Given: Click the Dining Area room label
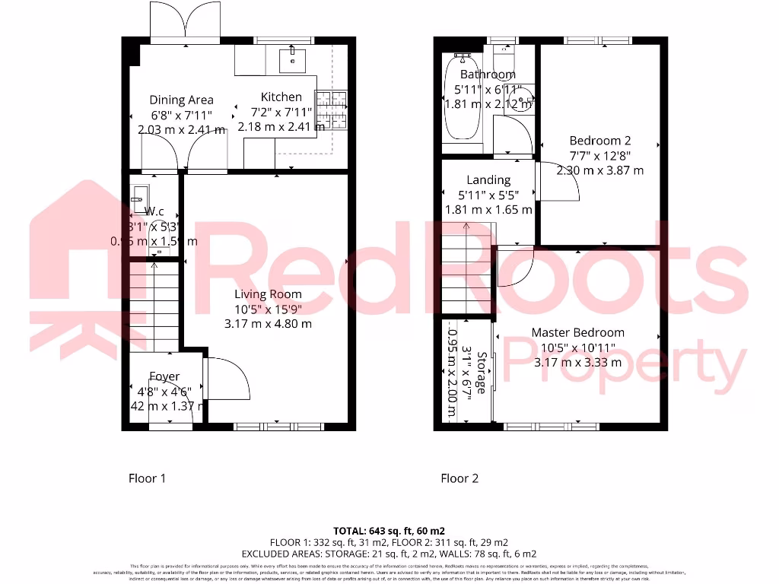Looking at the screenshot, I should tap(181, 100).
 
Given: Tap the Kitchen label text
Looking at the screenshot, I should tap(281, 97).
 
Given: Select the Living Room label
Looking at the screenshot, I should tap(267, 294).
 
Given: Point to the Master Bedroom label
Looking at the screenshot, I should tap(577, 332).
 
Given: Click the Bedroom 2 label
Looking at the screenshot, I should tap(600, 141).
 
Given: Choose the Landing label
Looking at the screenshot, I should tap(488, 180).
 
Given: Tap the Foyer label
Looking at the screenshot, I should tap(164, 376).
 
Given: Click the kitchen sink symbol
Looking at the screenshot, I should tap(292, 56).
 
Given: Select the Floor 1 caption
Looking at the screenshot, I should tap(147, 478).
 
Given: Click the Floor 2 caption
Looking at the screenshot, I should tap(459, 478).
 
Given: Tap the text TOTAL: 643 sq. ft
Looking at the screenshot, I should tap(389, 530).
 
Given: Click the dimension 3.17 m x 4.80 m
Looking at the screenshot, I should tap(267, 324).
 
